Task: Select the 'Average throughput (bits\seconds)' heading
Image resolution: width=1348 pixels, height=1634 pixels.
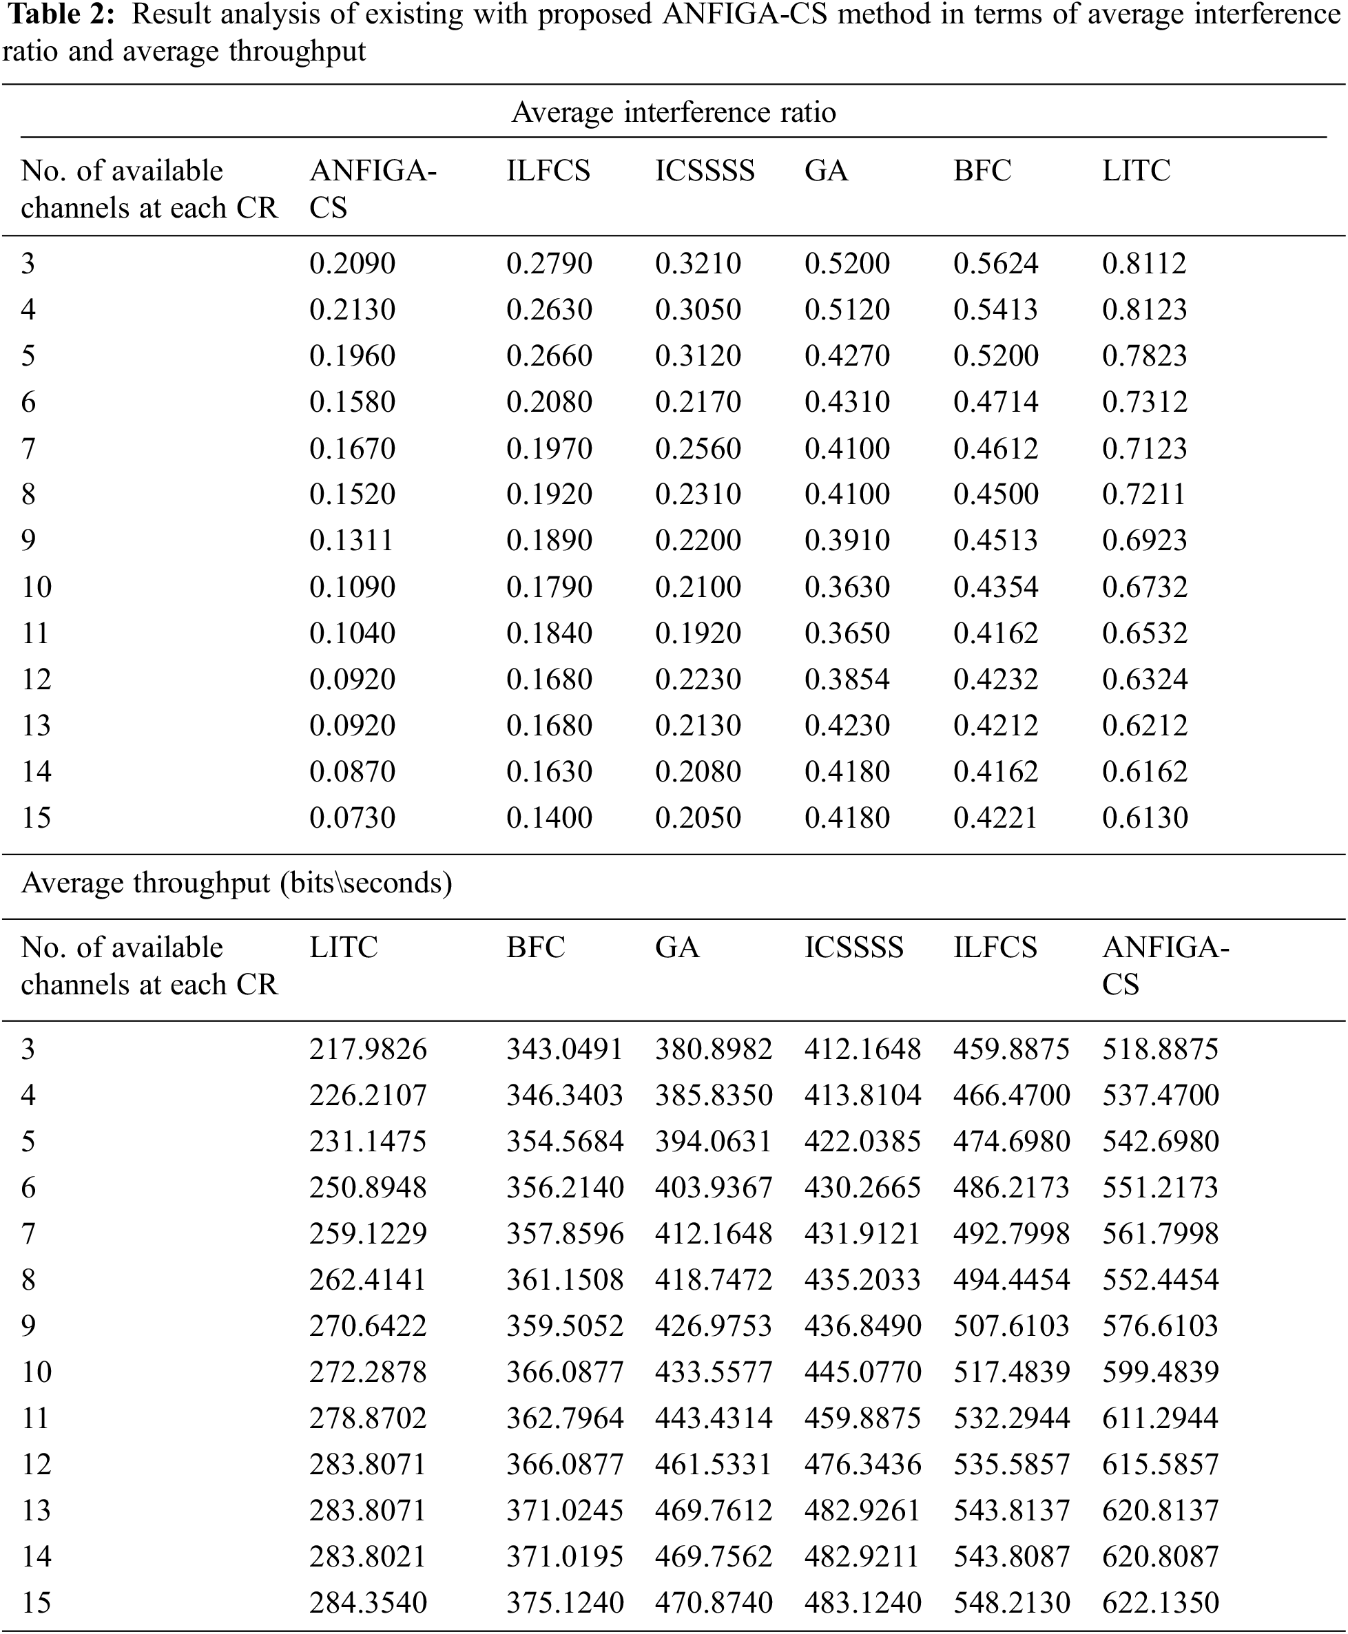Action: [x=236, y=883]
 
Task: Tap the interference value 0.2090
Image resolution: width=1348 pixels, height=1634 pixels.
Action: [x=353, y=264]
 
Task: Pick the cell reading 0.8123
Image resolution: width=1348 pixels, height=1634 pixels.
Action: [x=1145, y=310]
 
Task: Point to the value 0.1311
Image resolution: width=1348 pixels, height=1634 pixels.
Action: [x=351, y=541]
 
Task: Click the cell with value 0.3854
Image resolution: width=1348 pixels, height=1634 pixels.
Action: [x=847, y=679]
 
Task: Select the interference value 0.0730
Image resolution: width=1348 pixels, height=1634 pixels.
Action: [x=353, y=817]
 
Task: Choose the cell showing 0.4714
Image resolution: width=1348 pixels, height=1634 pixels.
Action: [x=995, y=402]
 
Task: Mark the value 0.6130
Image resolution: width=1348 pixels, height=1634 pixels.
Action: [x=1145, y=817]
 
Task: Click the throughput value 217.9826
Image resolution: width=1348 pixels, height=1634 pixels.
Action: [x=368, y=1049]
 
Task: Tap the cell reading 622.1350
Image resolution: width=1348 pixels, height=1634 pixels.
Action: [x=1160, y=1602]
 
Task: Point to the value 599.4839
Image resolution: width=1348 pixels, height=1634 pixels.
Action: [x=1160, y=1372]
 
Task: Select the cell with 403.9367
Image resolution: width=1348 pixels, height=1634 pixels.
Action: [x=714, y=1188]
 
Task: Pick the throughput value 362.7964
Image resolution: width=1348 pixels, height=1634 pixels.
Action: [x=566, y=1418]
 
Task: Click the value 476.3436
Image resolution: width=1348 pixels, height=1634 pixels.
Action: [x=862, y=1464]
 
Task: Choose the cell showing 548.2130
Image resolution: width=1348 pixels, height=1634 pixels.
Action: [x=1012, y=1602]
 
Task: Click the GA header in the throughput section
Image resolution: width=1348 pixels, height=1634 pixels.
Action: [x=677, y=947]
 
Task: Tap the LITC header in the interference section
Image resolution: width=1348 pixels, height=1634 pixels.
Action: [x=1136, y=171]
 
